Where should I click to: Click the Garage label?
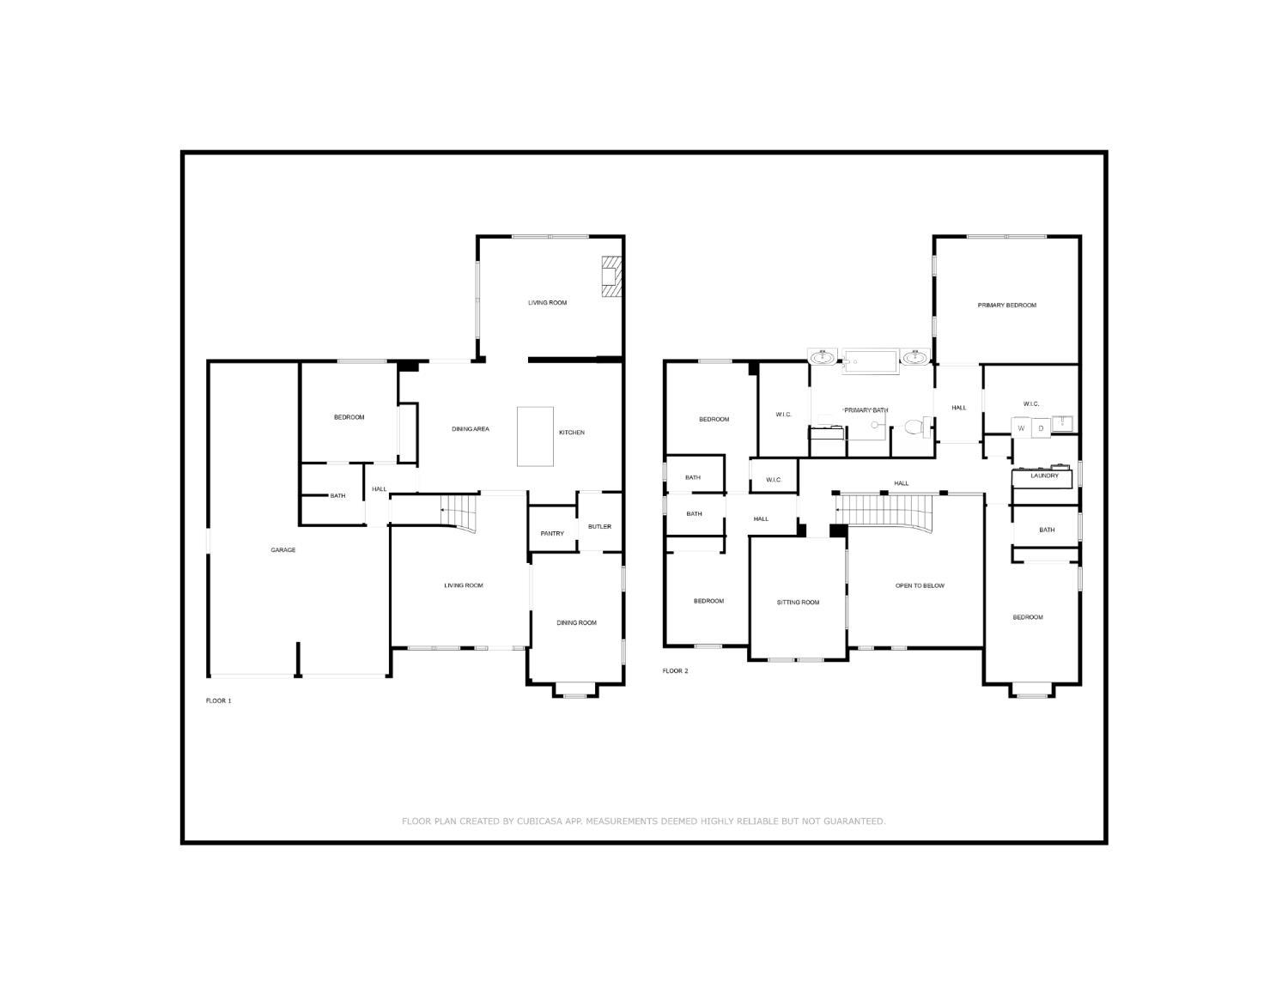[283, 549]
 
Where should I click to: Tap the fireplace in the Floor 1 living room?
[611, 276]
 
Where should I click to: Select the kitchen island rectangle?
[535, 437]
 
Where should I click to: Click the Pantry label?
[552, 533]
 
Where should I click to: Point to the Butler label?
[599, 526]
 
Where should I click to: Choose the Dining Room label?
[576, 622]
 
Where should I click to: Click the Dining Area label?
[470, 429]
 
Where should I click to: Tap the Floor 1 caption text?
[218, 700]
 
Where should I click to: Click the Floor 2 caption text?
[675, 670]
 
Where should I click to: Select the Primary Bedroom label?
[1006, 305]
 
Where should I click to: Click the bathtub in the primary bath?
[871, 361]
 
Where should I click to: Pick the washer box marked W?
[1021, 427]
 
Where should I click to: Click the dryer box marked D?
[1041, 427]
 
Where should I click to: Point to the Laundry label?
[1044, 476]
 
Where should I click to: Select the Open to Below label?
[920, 586]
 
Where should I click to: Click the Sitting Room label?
[798, 602]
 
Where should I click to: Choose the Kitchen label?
[571, 433]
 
